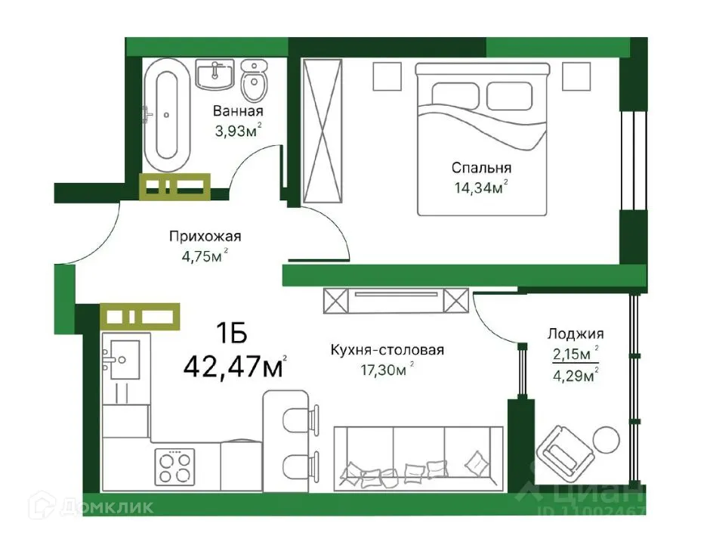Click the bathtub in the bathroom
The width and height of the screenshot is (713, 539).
[x=166, y=116]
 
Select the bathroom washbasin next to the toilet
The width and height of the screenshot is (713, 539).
[x=216, y=75]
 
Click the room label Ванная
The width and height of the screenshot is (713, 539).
[x=238, y=112]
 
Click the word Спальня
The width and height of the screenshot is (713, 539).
[x=481, y=168]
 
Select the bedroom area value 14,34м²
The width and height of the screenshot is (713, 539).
[x=480, y=187]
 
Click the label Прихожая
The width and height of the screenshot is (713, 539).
[x=199, y=236]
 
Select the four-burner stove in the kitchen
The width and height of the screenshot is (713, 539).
[x=174, y=467]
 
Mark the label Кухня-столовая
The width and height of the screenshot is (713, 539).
[x=387, y=350]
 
